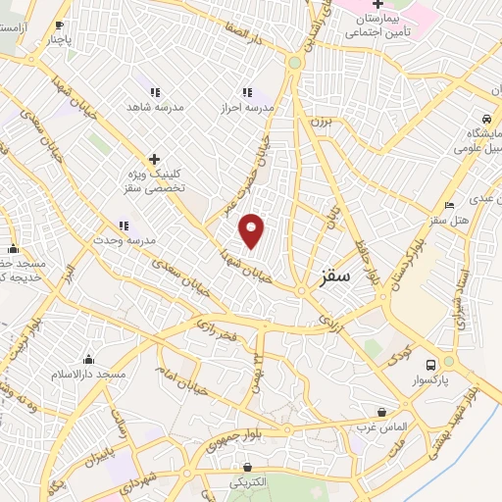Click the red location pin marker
pyautogui.click(x=252, y=230)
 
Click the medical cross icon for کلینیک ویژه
pyautogui.click(x=154, y=159)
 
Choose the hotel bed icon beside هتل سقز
pyautogui.click(x=449, y=205)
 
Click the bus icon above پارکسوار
pyautogui.click(x=431, y=361)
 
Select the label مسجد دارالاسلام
pyautogui.click(x=90, y=374)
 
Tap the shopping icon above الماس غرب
pyautogui.click(x=381, y=412)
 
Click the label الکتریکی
pyautogui.click(x=247, y=482)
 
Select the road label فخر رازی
pyautogui.click(x=216, y=329)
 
